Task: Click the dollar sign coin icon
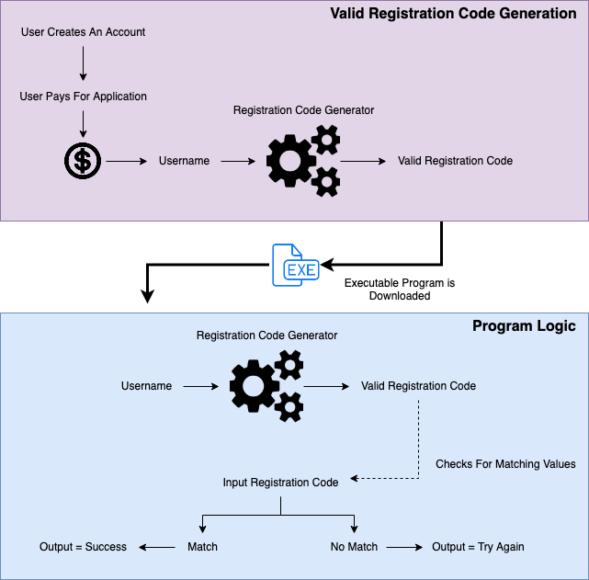coord(83,162)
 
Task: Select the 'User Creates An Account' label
coord(83,32)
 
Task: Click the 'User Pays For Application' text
coord(83,96)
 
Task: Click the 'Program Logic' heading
coord(524,326)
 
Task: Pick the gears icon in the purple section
coord(303,162)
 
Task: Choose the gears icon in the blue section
coord(266,386)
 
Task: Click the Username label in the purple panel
coord(184,161)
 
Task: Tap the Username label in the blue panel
coord(146,386)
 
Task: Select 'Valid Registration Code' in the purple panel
coord(455,161)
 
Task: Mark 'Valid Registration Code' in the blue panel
coord(418,386)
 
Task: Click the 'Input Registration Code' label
coord(280,483)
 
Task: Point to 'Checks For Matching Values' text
coord(505,464)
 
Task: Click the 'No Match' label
coord(354,547)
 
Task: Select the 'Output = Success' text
coord(83,547)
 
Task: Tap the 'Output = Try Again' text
coord(478,547)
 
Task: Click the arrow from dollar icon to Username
coord(127,162)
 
